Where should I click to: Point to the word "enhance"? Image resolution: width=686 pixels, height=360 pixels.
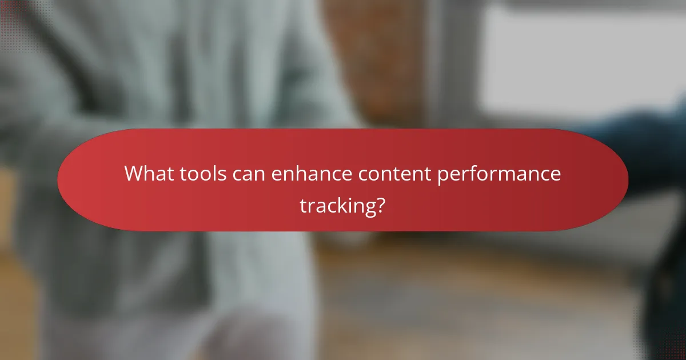pyautogui.click(x=312, y=173)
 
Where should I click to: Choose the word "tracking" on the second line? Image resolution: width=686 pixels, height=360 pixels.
pyautogui.click(x=337, y=205)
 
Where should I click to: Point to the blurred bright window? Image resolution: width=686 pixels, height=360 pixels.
pyautogui.click(x=577, y=57)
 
